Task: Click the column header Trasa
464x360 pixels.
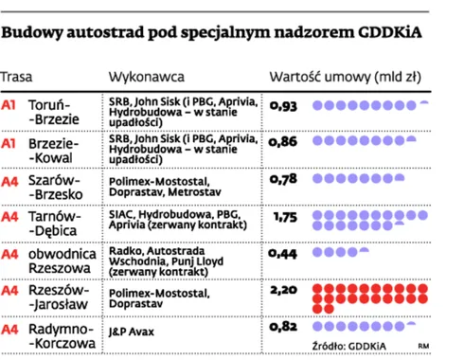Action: pos(16,75)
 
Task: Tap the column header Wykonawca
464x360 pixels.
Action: pos(147,75)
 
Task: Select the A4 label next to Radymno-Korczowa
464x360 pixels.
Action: pos(9,329)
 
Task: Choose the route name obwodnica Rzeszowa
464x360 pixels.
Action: pos(62,261)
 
